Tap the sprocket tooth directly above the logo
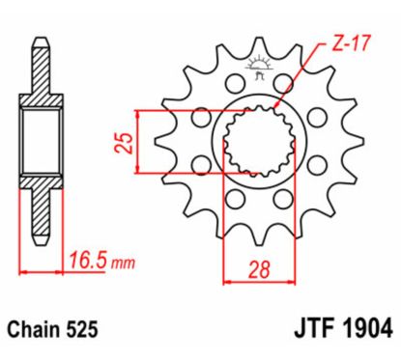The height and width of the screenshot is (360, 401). pos(257,44)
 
